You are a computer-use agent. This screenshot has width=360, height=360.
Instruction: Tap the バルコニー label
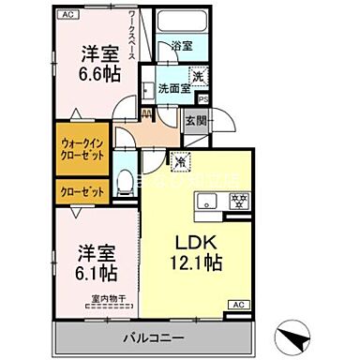point(154,337)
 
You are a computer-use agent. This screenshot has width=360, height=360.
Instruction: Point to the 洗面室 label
point(173,89)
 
